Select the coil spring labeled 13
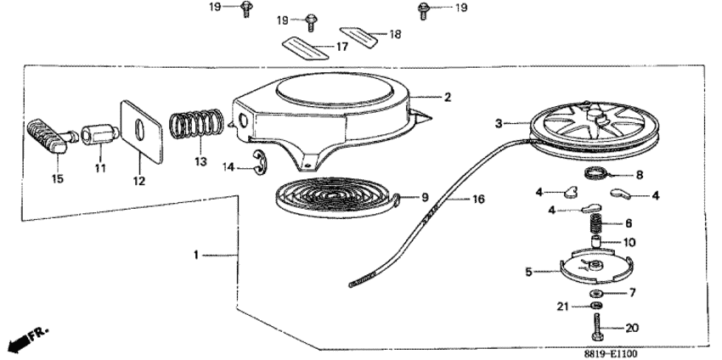196,124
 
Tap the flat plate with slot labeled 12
141,132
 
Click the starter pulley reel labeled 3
594,127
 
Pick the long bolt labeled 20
597,328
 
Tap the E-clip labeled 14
259,163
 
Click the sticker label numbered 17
305,48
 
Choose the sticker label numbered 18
358,37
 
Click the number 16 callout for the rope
478,200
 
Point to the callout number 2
448,97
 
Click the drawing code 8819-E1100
611,353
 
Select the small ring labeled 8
593,174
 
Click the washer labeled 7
596,293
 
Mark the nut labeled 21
596,306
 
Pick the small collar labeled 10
597,242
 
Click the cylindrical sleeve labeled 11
100,133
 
